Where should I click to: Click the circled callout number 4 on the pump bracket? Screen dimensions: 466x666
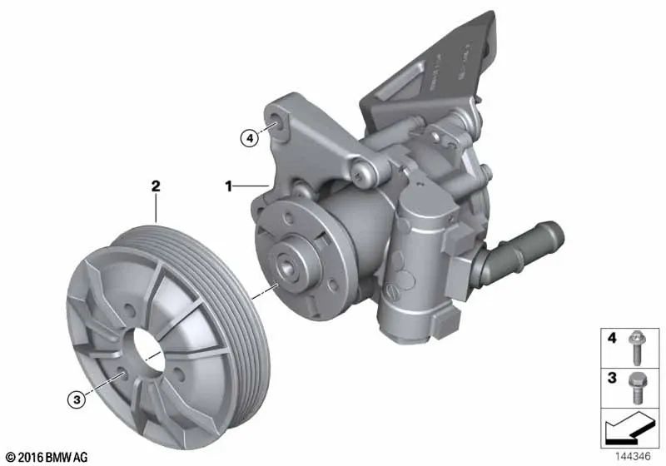point(248,138)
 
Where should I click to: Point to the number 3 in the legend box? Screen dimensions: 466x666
point(612,379)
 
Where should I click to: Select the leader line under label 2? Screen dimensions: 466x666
point(155,208)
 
